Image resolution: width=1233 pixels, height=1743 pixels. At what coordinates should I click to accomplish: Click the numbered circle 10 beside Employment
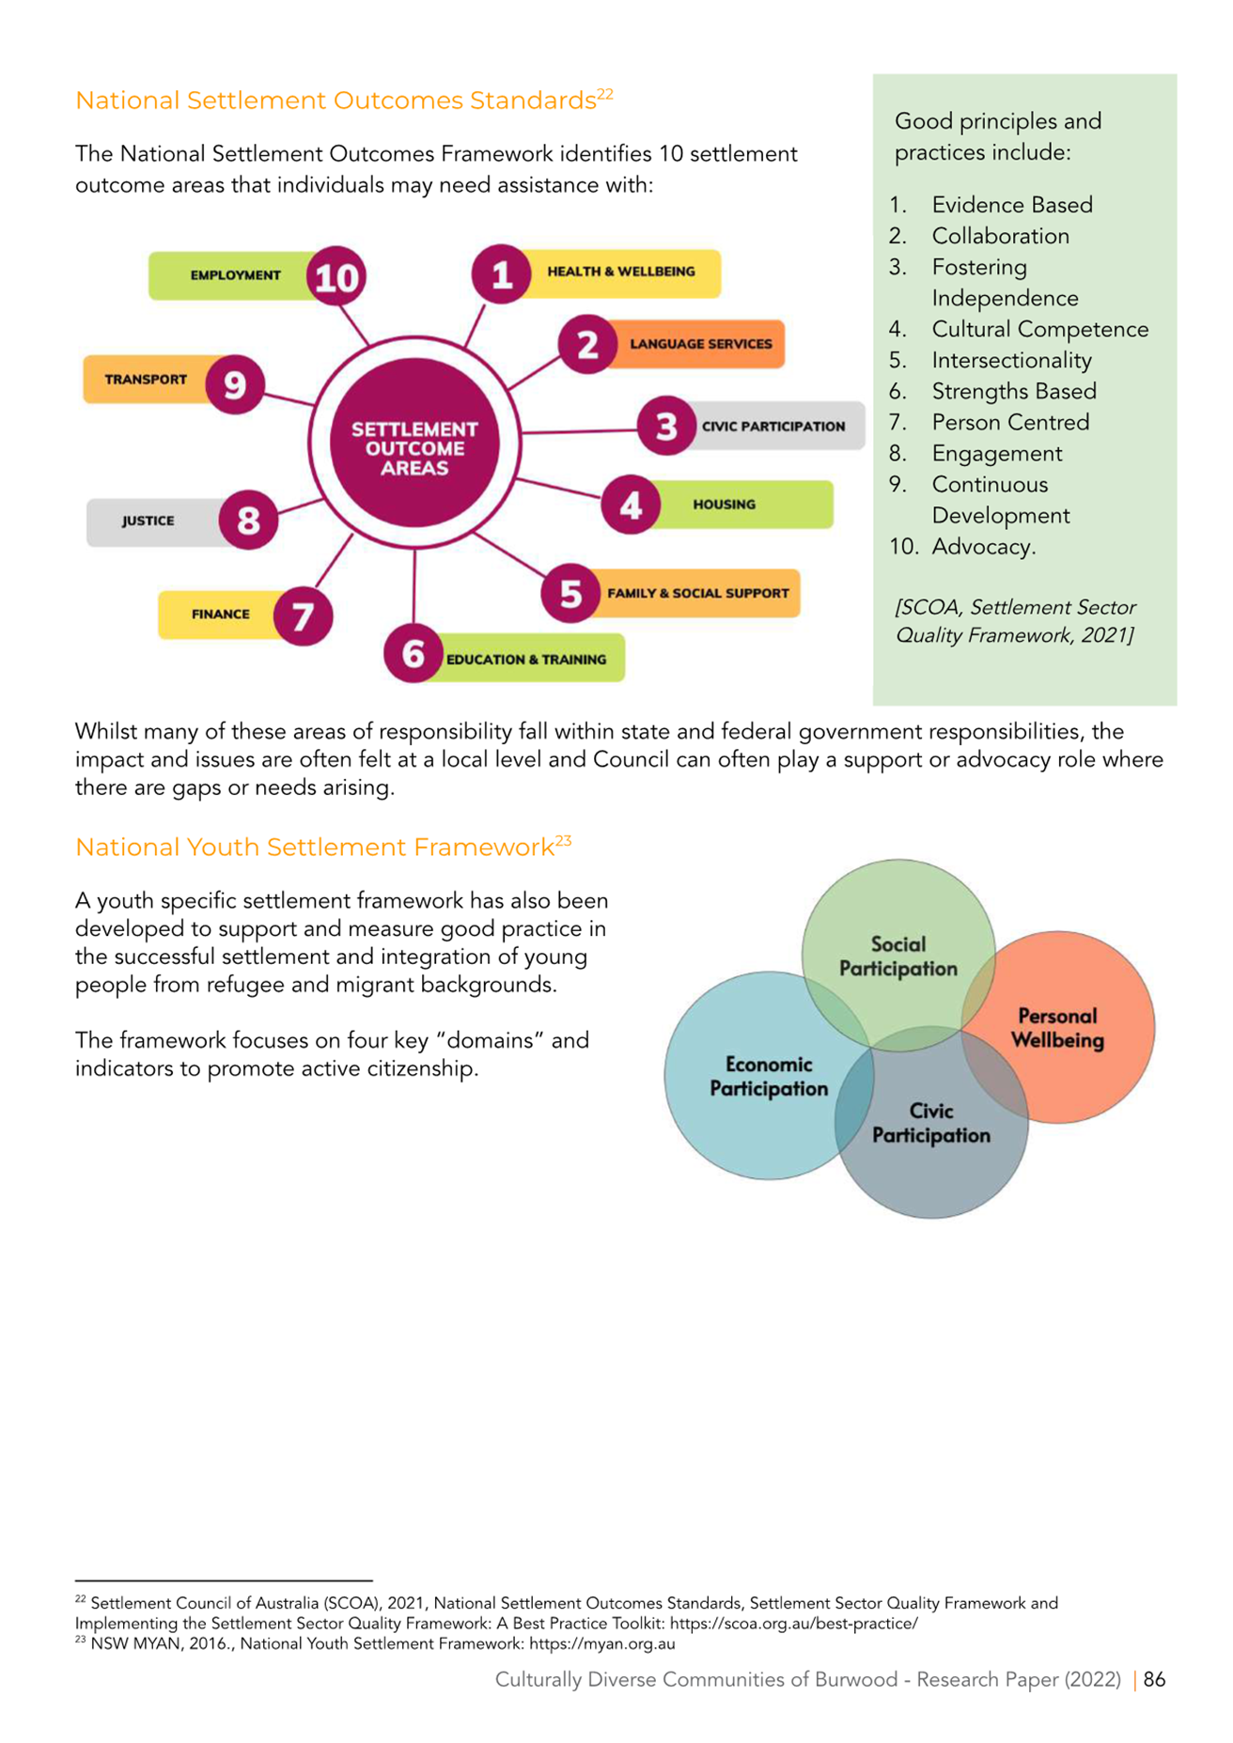(x=336, y=277)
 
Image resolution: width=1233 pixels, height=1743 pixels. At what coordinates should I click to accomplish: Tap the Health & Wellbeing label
(x=621, y=272)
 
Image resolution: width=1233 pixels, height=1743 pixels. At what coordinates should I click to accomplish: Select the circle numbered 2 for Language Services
(x=587, y=344)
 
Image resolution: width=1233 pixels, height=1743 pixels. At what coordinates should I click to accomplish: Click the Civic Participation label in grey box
(x=773, y=426)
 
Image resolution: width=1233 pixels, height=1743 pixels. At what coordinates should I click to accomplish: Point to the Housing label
(x=724, y=505)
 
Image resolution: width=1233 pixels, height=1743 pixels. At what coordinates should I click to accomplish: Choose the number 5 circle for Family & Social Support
(x=570, y=593)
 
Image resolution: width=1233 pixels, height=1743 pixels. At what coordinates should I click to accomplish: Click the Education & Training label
(x=526, y=660)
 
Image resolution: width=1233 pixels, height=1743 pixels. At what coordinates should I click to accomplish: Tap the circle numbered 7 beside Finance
(x=303, y=616)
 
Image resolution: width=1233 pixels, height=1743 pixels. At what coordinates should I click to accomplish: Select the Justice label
(x=148, y=521)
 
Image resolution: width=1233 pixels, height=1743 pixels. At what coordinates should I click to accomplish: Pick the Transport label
(x=146, y=380)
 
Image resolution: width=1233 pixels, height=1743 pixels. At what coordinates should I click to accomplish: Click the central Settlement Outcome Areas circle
(x=414, y=443)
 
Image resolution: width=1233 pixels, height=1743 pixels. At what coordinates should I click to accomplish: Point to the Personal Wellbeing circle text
(x=1057, y=1028)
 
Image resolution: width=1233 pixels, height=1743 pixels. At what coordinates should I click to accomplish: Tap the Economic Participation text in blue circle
(x=769, y=1077)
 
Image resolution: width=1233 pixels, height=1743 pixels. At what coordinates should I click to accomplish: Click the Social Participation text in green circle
(x=898, y=957)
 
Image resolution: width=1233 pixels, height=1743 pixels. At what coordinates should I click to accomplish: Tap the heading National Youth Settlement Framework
(x=315, y=848)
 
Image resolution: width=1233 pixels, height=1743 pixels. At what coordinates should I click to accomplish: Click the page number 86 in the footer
(x=1155, y=1679)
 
